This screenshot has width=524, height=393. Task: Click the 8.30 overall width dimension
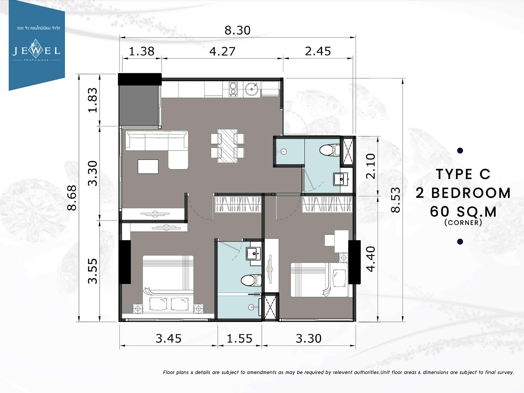[x=237, y=30]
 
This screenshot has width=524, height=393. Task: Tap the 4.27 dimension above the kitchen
[x=222, y=51]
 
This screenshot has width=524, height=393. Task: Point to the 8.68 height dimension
[x=72, y=198]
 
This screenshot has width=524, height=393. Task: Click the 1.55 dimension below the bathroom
[x=239, y=339]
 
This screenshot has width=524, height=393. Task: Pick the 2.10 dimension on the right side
[x=371, y=166]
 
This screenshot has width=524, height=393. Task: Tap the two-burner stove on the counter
[x=233, y=89]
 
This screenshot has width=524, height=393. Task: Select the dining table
[x=228, y=146]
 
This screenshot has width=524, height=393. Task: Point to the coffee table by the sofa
[x=148, y=167]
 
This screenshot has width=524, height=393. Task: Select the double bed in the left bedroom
[x=168, y=284]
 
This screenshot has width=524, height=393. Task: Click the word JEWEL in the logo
[x=37, y=50]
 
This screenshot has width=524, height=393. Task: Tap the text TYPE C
[x=463, y=174]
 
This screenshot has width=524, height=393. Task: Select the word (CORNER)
[x=463, y=223]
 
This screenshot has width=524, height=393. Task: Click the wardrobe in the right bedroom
[x=327, y=204]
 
